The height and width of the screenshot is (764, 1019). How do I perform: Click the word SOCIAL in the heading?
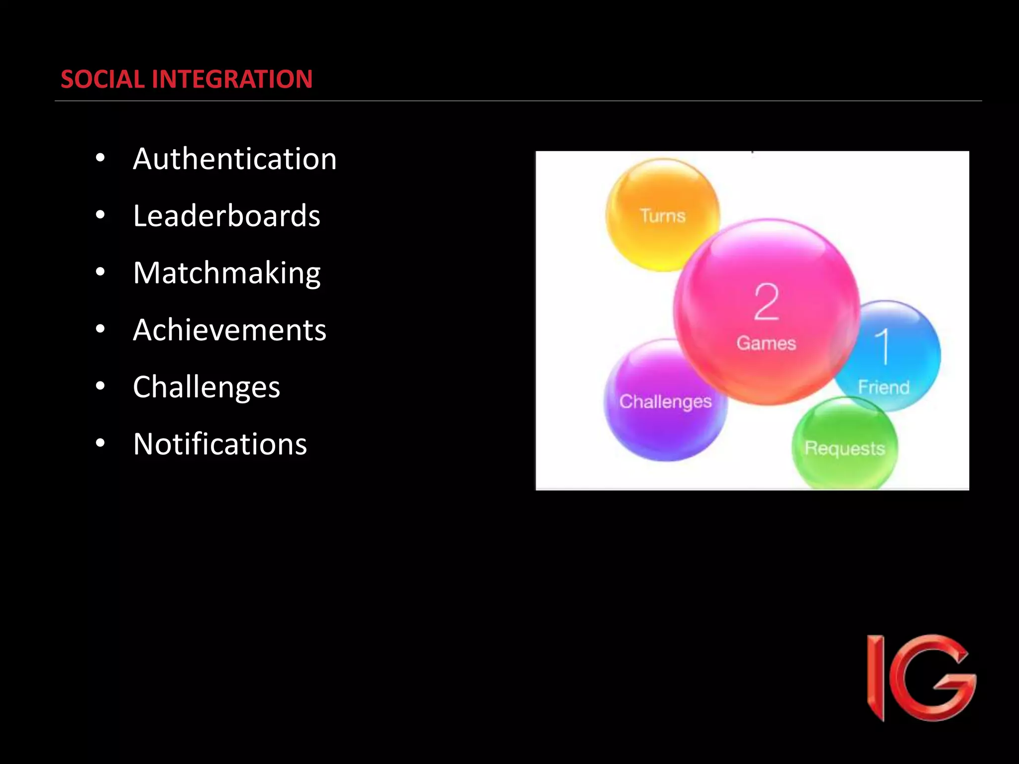click(x=102, y=79)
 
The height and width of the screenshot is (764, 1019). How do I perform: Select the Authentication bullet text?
click(x=234, y=159)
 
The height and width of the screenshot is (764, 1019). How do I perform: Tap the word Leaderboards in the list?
click(x=226, y=216)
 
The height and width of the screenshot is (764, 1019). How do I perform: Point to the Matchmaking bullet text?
click(x=226, y=273)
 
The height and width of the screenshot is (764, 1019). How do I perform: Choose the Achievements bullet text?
click(x=229, y=330)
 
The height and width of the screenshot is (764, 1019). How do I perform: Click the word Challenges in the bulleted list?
click(x=206, y=387)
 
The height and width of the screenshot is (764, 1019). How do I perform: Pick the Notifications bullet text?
click(x=220, y=444)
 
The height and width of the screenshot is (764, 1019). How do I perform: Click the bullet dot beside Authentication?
click(x=101, y=158)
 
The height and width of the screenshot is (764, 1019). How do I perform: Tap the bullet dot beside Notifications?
click(x=101, y=443)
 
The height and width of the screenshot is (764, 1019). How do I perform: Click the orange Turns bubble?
click(x=662, y=215)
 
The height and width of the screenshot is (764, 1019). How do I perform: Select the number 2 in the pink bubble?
click(x=766, y=302)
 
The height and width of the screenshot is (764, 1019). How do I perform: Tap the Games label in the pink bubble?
click(x=766, y=343)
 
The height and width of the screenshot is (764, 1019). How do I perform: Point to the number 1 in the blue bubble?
click(x=884, y=346)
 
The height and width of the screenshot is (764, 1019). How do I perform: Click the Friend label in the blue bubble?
click(x=884, y=387)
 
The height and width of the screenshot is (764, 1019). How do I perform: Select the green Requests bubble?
click(x=845, y=448)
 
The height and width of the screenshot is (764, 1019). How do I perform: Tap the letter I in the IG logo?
click(x=876, y=677)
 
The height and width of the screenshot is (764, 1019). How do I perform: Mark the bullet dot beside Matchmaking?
click(x=101, y=272)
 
